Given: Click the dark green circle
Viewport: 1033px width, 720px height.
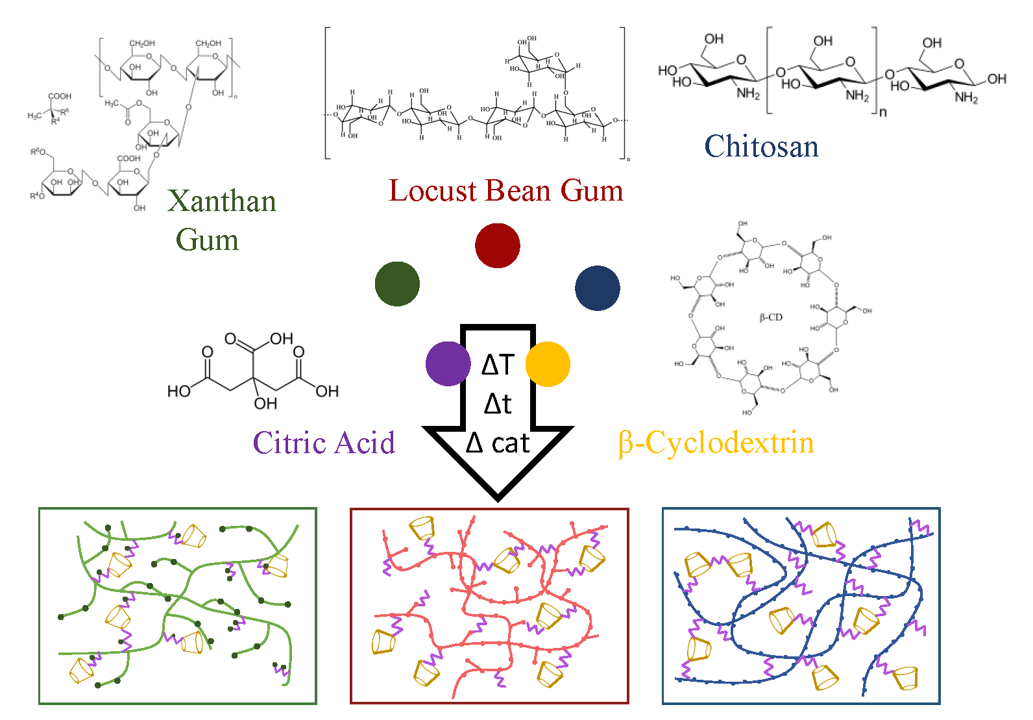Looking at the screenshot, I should [397, 284].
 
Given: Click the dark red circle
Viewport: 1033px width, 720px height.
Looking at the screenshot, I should [498, 245].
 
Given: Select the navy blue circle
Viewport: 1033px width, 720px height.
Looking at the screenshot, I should [598, 288].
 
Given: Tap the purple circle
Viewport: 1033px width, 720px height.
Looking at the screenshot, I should [448, 364].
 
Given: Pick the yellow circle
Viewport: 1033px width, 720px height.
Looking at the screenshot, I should [548, 364].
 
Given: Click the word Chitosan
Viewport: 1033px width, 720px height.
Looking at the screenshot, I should [761, 147].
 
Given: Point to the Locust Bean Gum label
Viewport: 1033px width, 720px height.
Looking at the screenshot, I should [505, 191].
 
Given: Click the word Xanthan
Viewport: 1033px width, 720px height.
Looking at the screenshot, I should [222, 201].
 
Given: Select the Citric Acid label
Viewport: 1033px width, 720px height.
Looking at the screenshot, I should [324, 443].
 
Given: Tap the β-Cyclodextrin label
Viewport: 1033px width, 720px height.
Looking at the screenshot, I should [716, 443].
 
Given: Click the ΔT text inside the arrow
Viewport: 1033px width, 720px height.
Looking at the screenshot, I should [498, 365].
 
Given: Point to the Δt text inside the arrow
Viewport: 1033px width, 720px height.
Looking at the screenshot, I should [498, 404].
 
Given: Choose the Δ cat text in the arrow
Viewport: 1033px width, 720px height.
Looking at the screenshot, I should [498, 443].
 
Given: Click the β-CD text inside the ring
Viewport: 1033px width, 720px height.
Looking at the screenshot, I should [771, 317].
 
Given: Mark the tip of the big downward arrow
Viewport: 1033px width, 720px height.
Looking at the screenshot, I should [498, 499].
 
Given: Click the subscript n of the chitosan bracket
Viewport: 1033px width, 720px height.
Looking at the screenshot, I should [882, 112].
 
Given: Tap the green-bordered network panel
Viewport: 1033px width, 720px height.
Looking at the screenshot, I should [178, 606].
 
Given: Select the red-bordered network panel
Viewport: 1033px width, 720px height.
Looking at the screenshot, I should [489, 606].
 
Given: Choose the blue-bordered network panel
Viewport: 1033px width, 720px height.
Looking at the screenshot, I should [801, 606].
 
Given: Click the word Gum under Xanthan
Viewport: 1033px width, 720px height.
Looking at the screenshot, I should [208, 240].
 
